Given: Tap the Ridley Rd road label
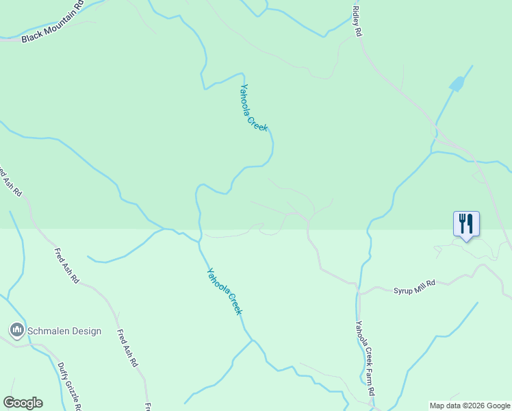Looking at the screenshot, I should click(357, 21).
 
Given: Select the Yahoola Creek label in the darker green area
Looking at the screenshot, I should click(254, 108).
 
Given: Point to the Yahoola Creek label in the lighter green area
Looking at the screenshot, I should click(225, 291).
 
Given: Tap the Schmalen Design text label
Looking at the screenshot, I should click(64, 332).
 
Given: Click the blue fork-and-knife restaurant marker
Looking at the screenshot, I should click(466, 223).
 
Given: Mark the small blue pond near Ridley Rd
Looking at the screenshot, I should click(457, 84).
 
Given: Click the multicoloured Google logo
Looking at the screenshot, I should click(23, 403).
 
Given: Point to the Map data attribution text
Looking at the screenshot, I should click(470, 406).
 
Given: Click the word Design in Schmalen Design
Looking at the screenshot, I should click(86, 332).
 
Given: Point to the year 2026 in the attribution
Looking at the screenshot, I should click(476, 406).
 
